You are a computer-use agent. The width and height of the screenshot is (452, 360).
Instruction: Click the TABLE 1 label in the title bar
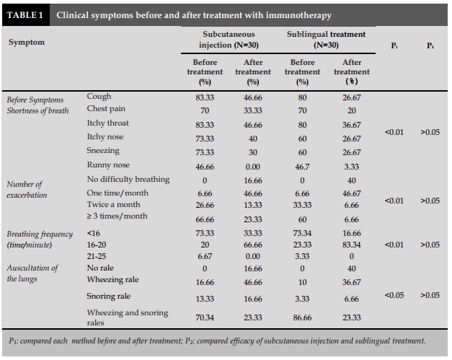pyautogui.click(x=25, y=15)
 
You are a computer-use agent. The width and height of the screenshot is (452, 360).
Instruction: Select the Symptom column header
pyautogui.click(x=27, y=43)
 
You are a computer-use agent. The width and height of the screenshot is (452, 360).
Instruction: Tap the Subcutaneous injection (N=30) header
pyautogui.click(x=229, y=40)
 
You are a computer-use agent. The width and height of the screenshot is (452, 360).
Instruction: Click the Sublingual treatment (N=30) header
pyautogui.click(x=326, y=40)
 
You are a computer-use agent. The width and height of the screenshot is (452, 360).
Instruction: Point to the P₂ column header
pyautogui.click(x=430, y=45)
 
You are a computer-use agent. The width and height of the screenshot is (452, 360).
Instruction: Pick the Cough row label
pyautogui.click(x=99, y=96)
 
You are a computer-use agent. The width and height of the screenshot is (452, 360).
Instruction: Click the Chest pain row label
pyautogui.click(x=106, y=109)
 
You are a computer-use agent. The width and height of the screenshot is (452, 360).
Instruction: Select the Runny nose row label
pyautogui.click(x=108, y=164)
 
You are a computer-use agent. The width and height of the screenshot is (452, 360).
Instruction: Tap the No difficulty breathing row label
pyautogui.click(x=128, y=180)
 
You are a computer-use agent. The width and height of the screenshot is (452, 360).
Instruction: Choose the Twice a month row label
pyautogui.click(x=114, y=204)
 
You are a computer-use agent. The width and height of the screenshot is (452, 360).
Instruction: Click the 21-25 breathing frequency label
pyautogui.click(x=97, y=256)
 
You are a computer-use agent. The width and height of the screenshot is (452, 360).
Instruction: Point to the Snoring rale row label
pyautogui.click(x=109, y=296)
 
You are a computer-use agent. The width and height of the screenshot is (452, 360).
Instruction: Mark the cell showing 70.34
pyautogui.click(x=205, y=317)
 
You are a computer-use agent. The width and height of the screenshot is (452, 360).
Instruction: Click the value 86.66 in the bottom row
pyautogui.click(x=302, y=317)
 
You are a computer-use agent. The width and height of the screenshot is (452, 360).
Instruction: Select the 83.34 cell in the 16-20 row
pyautogui.click(x=351, y=245)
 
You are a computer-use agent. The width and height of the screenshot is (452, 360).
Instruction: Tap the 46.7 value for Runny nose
pyautogui.click(x=302, y=167)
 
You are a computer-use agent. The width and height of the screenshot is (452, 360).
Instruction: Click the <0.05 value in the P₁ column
pyautogui.click(x=394, y=295)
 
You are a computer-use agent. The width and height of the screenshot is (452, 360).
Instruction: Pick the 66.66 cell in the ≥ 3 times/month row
pyautogui.click(x=205, y=219)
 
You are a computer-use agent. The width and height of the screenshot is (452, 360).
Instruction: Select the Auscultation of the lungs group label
pyautogui.click(x=32, y=273)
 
